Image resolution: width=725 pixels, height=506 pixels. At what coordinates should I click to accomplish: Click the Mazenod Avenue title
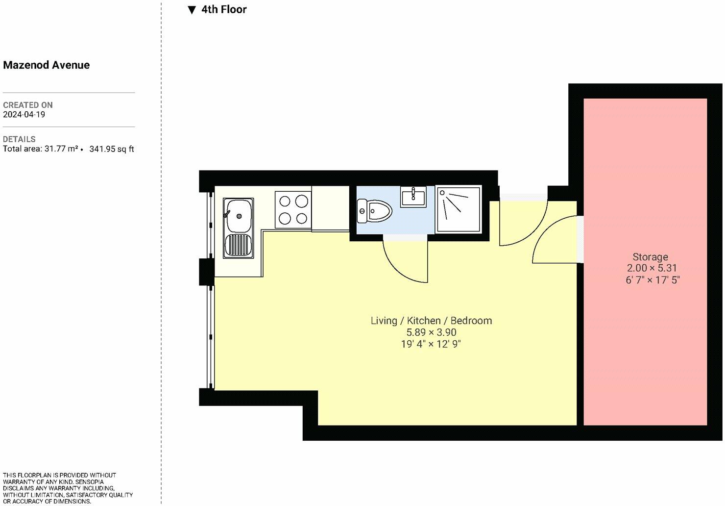tap(46, 65)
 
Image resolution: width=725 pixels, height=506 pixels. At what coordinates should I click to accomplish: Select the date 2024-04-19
tap(24, 114)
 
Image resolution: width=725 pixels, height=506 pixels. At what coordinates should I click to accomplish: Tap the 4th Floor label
tap(224, 9)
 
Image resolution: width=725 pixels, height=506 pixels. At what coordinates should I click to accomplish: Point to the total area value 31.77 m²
tap(61, 149)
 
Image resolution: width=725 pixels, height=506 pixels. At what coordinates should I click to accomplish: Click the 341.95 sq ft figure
tap(111, 149)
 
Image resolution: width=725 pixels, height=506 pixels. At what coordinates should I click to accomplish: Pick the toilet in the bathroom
tap(374, 211)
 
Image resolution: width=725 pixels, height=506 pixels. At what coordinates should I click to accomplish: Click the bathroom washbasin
tap(413, 196)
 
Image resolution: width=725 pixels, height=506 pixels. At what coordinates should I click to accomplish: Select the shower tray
tap(459, 209)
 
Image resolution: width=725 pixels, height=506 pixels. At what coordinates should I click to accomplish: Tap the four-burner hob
tap(293, 209)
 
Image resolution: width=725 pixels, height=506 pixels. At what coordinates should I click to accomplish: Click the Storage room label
tap(650, 257)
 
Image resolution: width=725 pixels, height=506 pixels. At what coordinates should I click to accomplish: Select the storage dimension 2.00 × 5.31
tap(652, 268)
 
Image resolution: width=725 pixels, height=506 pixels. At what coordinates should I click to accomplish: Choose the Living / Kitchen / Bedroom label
tap(431, 320)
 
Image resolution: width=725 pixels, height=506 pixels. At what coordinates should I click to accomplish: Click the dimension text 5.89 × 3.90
tap(431, 332)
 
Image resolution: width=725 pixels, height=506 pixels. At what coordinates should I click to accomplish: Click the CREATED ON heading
tap(28, 105)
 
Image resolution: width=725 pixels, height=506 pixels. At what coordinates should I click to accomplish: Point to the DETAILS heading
tap(19, 139)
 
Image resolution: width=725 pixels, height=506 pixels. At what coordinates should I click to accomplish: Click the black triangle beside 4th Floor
tap(192, 10)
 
